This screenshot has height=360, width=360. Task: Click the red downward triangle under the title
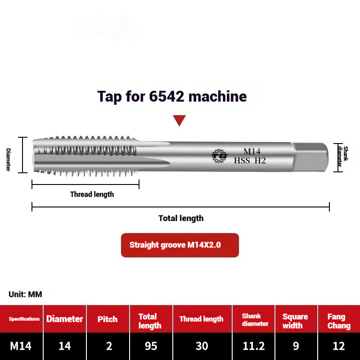(180, 120)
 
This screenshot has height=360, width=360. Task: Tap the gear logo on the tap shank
(220, 156)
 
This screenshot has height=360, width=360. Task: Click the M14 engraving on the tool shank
(252, 152)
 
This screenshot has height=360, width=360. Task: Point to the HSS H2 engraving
(250, 161)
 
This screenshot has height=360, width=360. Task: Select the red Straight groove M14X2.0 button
(180, 245)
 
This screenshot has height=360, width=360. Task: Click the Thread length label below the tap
(92, 194)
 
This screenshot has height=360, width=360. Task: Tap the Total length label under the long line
(181, 218)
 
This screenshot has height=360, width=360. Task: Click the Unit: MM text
(25, 294)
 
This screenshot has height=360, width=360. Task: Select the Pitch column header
(108, 319)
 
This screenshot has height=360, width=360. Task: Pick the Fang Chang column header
(338, 321)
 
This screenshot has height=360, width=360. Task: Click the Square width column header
(295, 321)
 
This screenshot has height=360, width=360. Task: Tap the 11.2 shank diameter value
(254, 346)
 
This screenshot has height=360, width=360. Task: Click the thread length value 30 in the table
(202, 346)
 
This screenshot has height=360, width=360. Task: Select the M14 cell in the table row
(21, 346)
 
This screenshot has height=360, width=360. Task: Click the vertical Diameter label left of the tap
(8, 159)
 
